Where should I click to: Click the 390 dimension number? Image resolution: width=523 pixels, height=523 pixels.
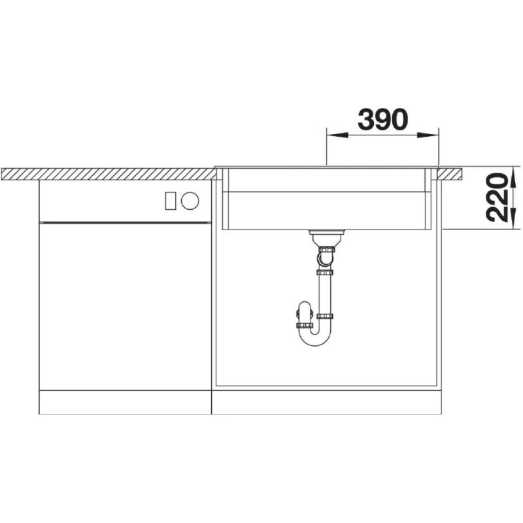pyautogui.click(x=382, y=120)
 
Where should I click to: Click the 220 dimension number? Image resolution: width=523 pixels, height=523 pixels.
pyautogui.click(x=498, y=197)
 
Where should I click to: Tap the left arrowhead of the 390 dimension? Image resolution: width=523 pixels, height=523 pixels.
pyautogui.click(x=337, y=135)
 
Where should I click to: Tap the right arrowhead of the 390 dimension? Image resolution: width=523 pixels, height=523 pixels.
pyautogui.click(x=428, y=135)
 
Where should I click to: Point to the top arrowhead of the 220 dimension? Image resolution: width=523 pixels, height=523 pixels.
pyautogui.click(x=514, y=177)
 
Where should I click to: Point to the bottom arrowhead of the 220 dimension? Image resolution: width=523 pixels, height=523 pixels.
pyautogui.click(x=514, y=219)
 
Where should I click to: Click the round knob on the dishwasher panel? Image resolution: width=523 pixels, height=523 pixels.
pyautogui.click(x=190, y=201)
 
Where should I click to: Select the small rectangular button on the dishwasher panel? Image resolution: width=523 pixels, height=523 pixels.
pyautogui.click(x=171, y=201)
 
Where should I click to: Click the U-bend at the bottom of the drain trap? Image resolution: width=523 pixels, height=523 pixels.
pyautogui.click(x=315, y=337)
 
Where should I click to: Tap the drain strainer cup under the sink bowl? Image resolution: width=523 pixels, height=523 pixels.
pyautogui.click(x=326, y=238)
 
